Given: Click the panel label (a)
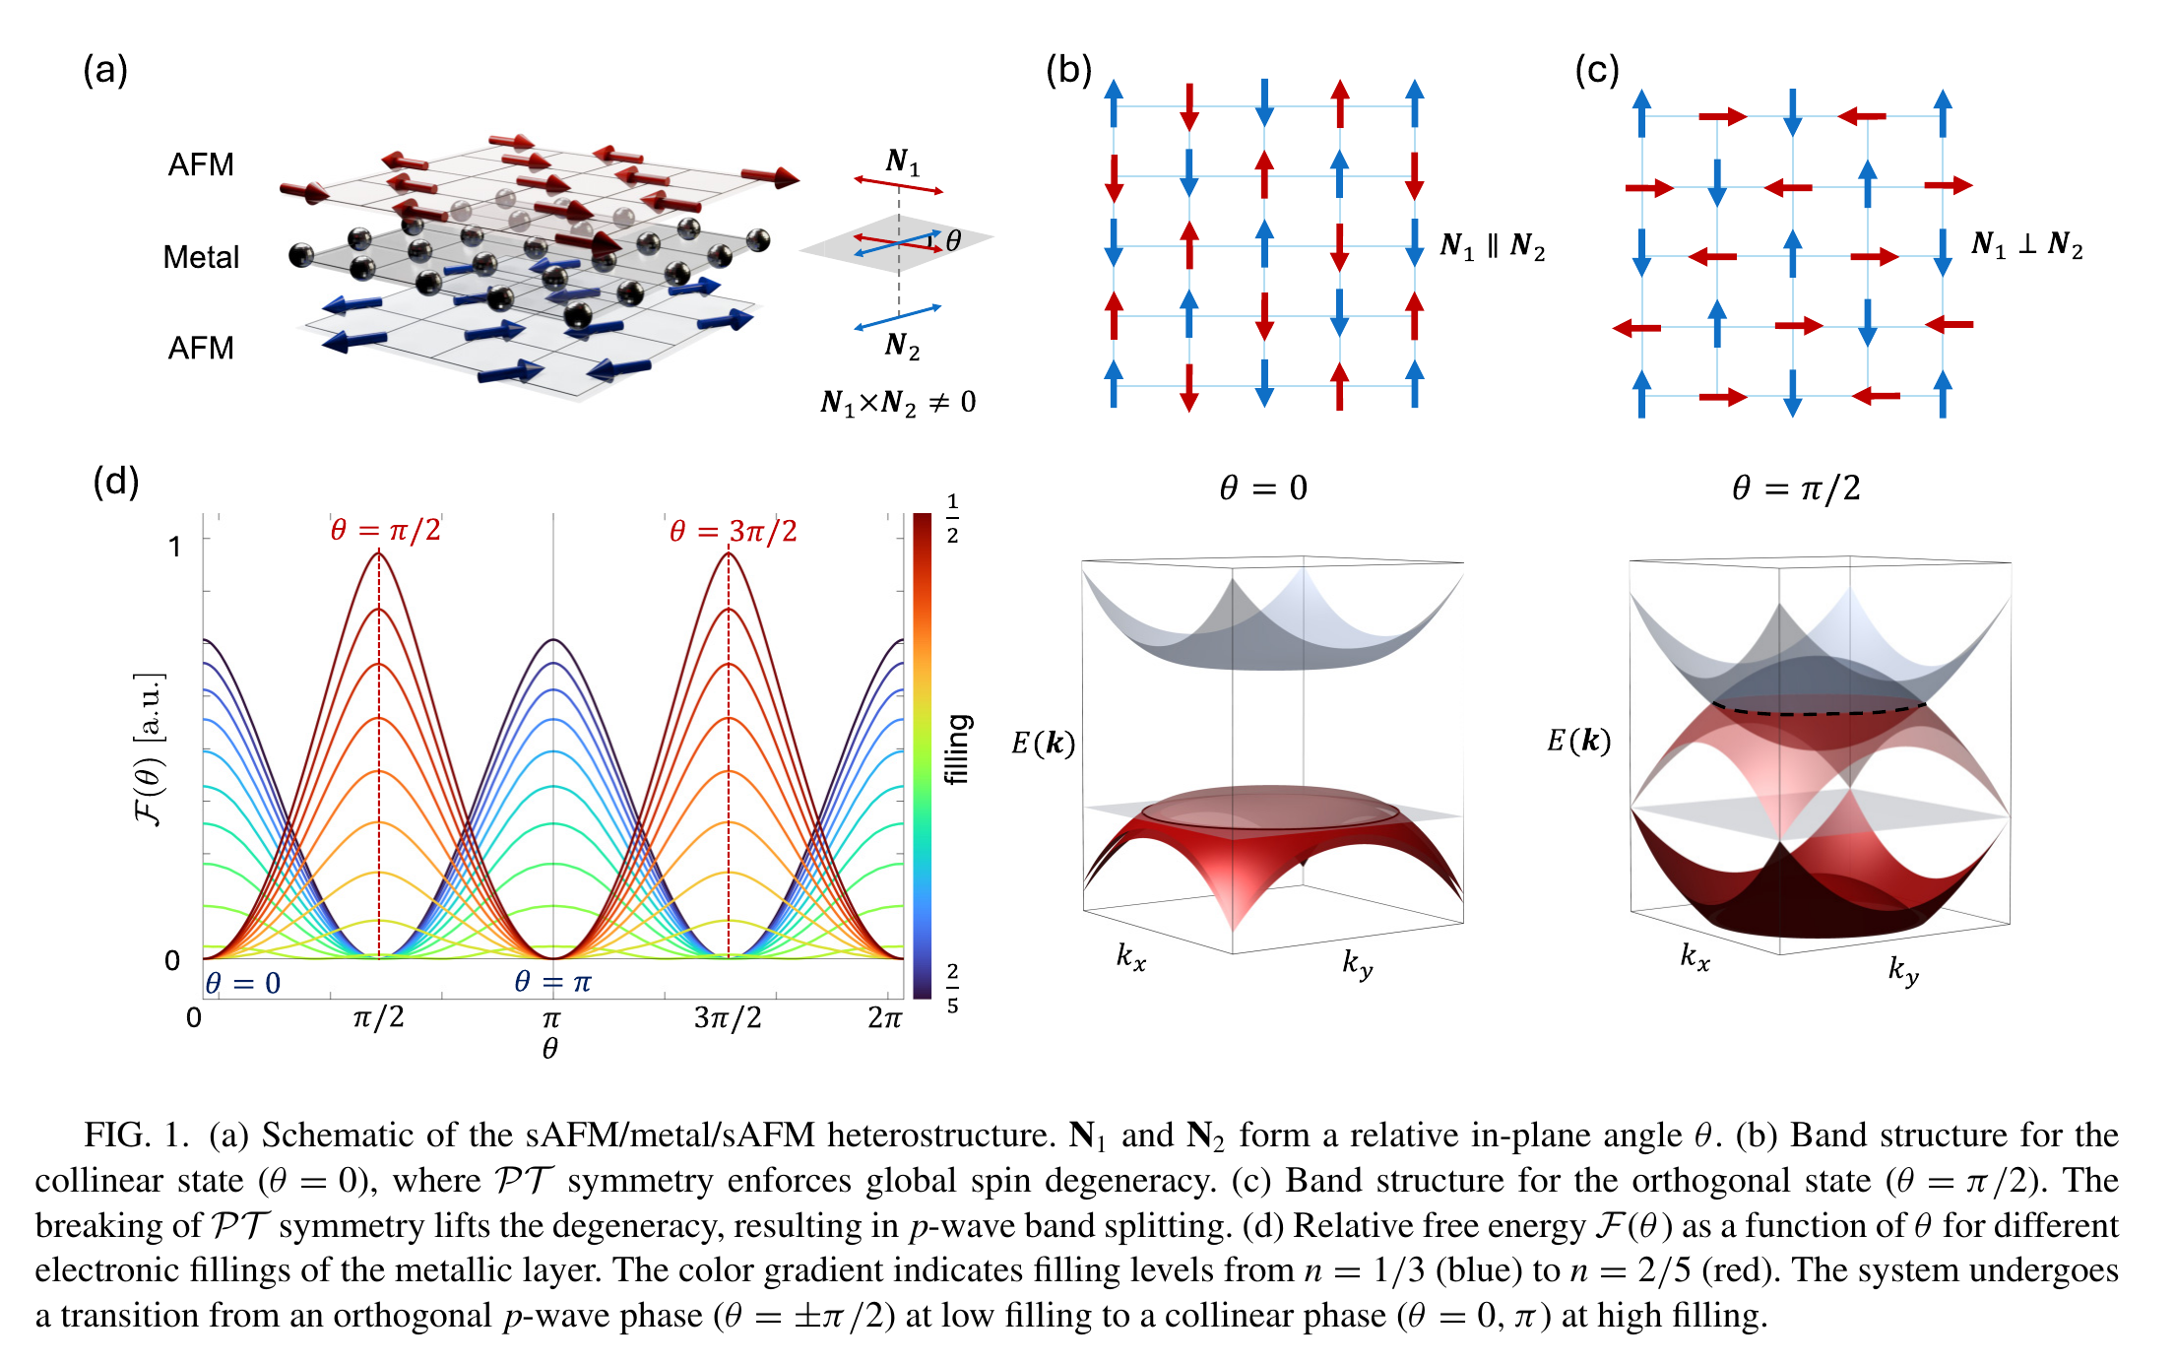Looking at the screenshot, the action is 105,71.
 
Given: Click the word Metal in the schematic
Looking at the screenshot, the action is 201,257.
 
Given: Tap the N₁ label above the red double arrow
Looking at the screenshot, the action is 903,162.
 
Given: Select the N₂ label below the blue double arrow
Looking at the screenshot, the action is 902,346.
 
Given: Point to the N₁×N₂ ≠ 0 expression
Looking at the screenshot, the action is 898,402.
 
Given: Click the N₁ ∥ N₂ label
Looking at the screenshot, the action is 1493,245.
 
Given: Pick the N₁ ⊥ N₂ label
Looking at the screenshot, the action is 2027,244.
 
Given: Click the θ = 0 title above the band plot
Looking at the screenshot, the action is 1263,487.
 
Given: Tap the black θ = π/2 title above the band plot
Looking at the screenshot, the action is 1796,487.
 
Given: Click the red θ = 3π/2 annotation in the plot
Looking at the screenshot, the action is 734,532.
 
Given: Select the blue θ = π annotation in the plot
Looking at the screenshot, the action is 552,982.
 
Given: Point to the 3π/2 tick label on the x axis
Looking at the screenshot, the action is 728,1017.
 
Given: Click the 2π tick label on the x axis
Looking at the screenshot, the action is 884,1017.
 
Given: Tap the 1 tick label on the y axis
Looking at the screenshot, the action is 174,547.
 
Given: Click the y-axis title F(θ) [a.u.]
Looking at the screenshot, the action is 149,749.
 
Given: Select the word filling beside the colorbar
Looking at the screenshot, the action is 958,748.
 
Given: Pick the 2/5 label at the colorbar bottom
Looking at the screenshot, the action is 952,989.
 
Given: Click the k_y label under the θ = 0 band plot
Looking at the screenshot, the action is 1358,963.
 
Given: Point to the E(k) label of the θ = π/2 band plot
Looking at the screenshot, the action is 1578,741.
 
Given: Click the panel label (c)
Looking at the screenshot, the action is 1597,71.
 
